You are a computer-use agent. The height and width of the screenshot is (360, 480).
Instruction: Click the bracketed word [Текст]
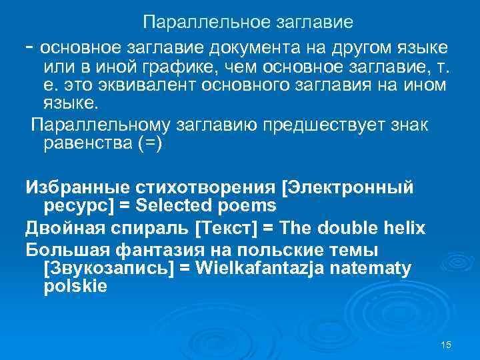[x=225, y=229]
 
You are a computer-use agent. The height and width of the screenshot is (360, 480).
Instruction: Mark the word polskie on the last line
[x=75, y=287]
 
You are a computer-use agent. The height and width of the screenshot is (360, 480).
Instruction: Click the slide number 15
[x=446, y=343]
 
